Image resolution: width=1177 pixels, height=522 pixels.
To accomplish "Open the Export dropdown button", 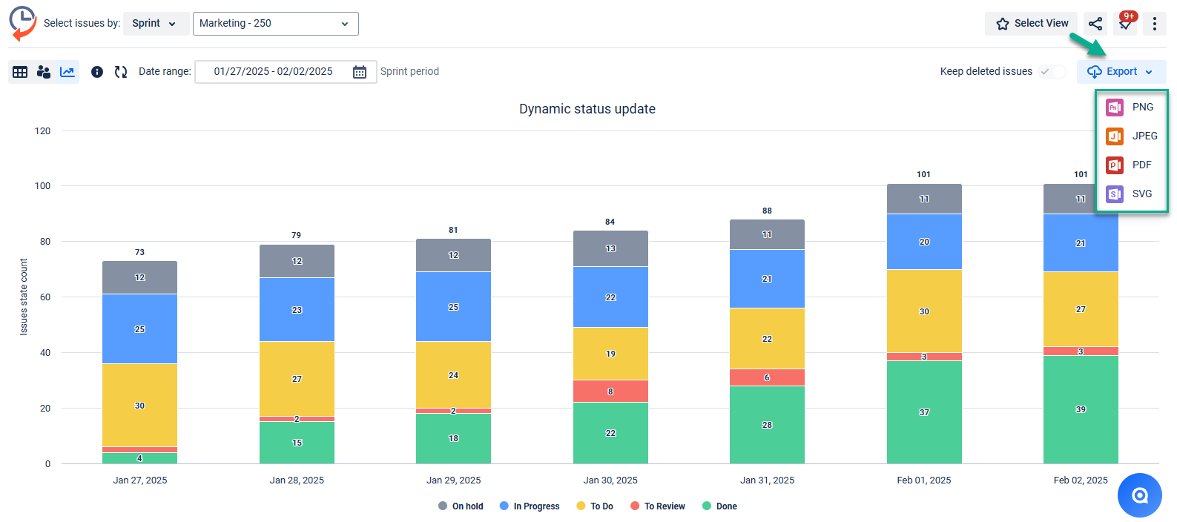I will click(1121, 72).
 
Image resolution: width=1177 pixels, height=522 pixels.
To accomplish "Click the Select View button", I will click(1032, 24).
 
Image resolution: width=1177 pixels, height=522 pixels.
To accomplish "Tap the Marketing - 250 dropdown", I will click(275, 24).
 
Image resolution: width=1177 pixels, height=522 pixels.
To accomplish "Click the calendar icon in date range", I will click(360, 72).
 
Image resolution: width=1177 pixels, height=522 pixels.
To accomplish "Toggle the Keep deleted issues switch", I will click(1052, 72).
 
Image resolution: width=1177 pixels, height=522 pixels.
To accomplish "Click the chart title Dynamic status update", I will click(587, 109).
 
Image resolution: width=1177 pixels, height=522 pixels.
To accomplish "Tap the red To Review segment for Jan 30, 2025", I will click(610, 391).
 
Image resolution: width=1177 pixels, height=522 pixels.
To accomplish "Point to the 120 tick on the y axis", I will click(43, 131).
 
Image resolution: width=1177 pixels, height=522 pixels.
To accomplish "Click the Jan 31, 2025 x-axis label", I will click(767, 480).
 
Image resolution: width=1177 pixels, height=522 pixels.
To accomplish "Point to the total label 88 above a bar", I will click(767, 211).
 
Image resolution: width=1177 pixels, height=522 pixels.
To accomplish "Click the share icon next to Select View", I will click(1095, 24).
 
